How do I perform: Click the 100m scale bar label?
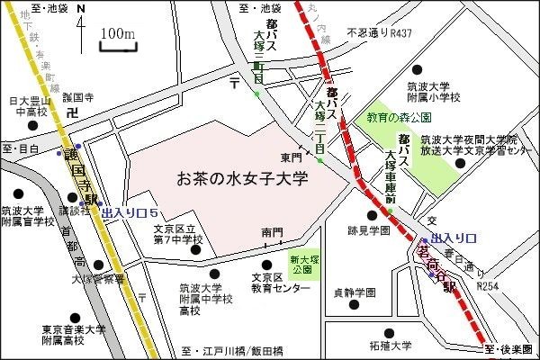pyautogui.click(x=118, y=33)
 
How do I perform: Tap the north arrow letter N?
pyautogui.click(x=82, y=10)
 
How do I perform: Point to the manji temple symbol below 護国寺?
pyautogui.click(x=74, y=112)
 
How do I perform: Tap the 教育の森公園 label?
pyautogui.click(x=399, y=118)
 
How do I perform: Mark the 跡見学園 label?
pyautogui.click(x=368, y=230)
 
